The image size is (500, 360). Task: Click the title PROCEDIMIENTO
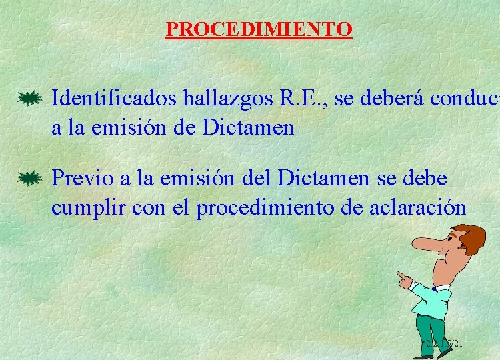(x=259, y=29)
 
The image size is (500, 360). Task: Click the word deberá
(x=389, y=99)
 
